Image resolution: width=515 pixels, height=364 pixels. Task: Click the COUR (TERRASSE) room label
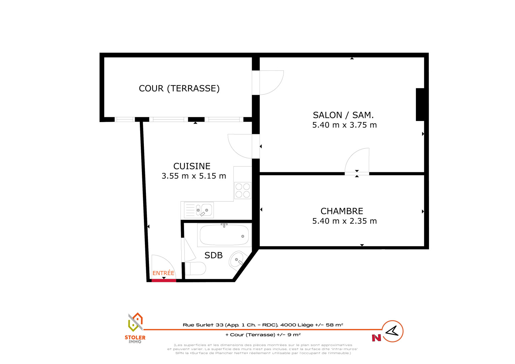click(179, 89)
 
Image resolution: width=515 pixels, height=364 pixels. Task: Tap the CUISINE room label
click(192, 166)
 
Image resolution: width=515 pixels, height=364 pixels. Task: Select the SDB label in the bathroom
click(213, 255)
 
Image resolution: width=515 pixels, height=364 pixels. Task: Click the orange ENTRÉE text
click(163, 273)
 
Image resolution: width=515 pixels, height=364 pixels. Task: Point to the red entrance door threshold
click(164, 280)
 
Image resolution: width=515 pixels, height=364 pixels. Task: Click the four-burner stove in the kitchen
click(243, 190)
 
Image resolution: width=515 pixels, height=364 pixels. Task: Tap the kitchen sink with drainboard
click(199, 210)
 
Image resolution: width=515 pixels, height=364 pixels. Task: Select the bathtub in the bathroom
click(224, 235)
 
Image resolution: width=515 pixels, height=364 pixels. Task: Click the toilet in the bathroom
click(195, 268)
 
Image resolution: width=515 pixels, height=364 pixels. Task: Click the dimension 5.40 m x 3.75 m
click(344, 125)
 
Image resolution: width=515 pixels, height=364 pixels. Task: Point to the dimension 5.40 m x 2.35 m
click(344, 221)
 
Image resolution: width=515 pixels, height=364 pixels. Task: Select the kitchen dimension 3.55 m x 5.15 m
click(194, 176)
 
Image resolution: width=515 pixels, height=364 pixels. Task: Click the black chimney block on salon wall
click(420, 104)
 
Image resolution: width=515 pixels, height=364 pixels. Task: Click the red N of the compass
click(376, 338)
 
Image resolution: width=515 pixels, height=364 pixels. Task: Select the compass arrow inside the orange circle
click(392, 331)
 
